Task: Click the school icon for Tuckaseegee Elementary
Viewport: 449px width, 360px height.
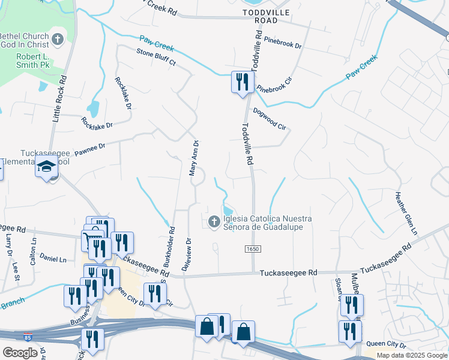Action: click(x=46, y=167)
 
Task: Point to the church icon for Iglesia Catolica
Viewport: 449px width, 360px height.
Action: click(x=213, y=223)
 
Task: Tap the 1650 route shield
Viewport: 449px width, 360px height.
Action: click(x=252, y=248)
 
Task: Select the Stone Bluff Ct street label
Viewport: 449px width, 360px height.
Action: click(x=155, y=57)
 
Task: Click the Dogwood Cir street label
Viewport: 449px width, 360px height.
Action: click(x=270, y=118)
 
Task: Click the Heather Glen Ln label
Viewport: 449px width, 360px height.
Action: click(x=405, y=214)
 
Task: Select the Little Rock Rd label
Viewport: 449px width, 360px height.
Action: click(x=59, y=100)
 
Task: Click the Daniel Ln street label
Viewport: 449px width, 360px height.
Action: click(x=53, y=259)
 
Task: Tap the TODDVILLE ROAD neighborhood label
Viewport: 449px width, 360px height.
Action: click(x=266, y=16)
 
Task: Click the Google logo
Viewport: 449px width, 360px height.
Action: click(x=20, y=352)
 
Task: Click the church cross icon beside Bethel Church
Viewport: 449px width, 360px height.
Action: click(x=58, y=40)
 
